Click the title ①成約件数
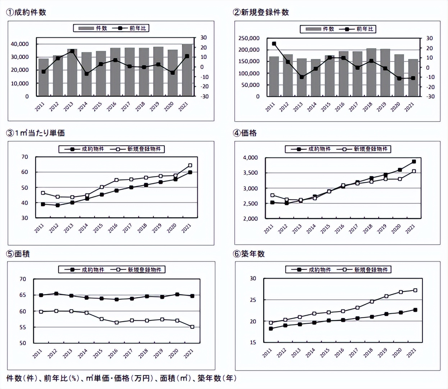click(x=26, y=12)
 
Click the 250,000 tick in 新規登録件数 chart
click(x=249, y=38)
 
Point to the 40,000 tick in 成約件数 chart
click(x=20, y=44)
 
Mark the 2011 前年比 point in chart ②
click(x=274, y=44)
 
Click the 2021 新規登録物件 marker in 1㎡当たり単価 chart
click(x=190, y=165)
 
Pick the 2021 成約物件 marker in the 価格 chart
click(x=414, y=162)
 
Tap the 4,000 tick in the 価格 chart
click(x=250, y=157)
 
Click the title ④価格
click(x=245, y=133)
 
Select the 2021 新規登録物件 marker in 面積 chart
click(x=192, y=327)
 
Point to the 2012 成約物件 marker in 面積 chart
click(x=56, y=294)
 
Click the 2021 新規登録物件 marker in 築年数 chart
click(x=415, y=290)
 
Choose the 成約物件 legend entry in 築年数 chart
click(x=311, y=270)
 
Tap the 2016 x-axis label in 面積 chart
click(x=113, y=354)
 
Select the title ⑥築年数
click(x=249, y=254)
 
